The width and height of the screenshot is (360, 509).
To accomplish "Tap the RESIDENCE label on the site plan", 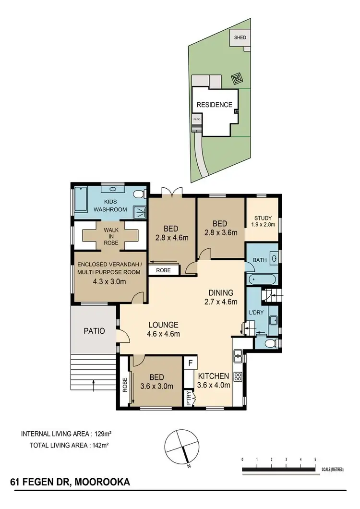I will (214, 105).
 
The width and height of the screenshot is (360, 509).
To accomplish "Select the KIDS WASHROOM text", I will (110, 206).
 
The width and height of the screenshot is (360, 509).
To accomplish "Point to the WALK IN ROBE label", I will (111, 236).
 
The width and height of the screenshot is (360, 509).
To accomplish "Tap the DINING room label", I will (221, 292).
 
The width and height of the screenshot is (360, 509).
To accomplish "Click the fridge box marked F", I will (191, 363).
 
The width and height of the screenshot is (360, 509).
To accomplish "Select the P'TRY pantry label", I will (189, 399).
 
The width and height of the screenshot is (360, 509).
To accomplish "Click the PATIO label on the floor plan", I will (95, 331).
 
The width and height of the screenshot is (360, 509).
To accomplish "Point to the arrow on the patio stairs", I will (93, 383).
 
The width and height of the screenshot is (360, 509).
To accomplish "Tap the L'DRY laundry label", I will (255, 313).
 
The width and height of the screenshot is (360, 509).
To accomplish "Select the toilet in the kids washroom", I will (139, 194).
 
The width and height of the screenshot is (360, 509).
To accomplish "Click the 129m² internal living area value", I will (103, 434).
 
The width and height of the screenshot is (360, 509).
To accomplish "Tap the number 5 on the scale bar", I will (315, 460).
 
